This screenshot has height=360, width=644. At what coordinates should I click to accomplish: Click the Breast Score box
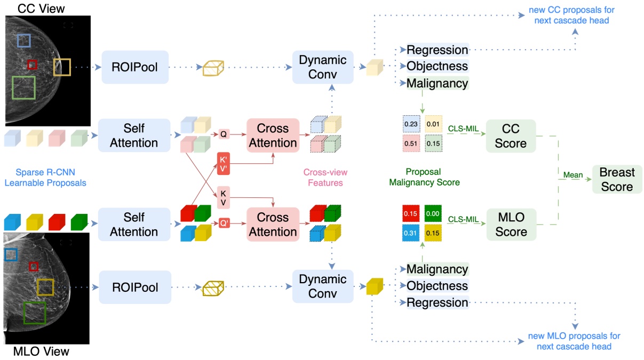tap(616, 179)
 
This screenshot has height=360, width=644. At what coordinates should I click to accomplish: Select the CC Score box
tap(511, 137)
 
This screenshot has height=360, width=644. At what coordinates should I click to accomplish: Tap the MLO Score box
tap(511, 225)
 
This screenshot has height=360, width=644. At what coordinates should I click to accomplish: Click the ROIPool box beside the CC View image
tap(135, 67)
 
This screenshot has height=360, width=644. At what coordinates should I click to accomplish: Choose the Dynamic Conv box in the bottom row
tap(322, 286)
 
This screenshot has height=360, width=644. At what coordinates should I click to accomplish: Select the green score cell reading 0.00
tap(433, 214)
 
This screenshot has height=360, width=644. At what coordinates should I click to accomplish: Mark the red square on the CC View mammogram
tap(32, 65)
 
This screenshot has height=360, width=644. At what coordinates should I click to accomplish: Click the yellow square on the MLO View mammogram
tap(45, 287)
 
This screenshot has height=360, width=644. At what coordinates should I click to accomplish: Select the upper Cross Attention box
tap(273, 135)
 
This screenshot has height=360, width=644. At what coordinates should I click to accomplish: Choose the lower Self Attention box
tap(133, 225)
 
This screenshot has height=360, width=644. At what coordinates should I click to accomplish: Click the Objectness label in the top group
tap(437, 66)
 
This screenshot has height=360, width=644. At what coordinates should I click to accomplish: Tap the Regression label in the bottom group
tap(437, 302)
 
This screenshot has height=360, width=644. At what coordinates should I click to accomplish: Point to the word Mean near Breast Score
tap(573, 175)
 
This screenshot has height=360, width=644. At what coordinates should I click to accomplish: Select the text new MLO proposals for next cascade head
tap(574, 341)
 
